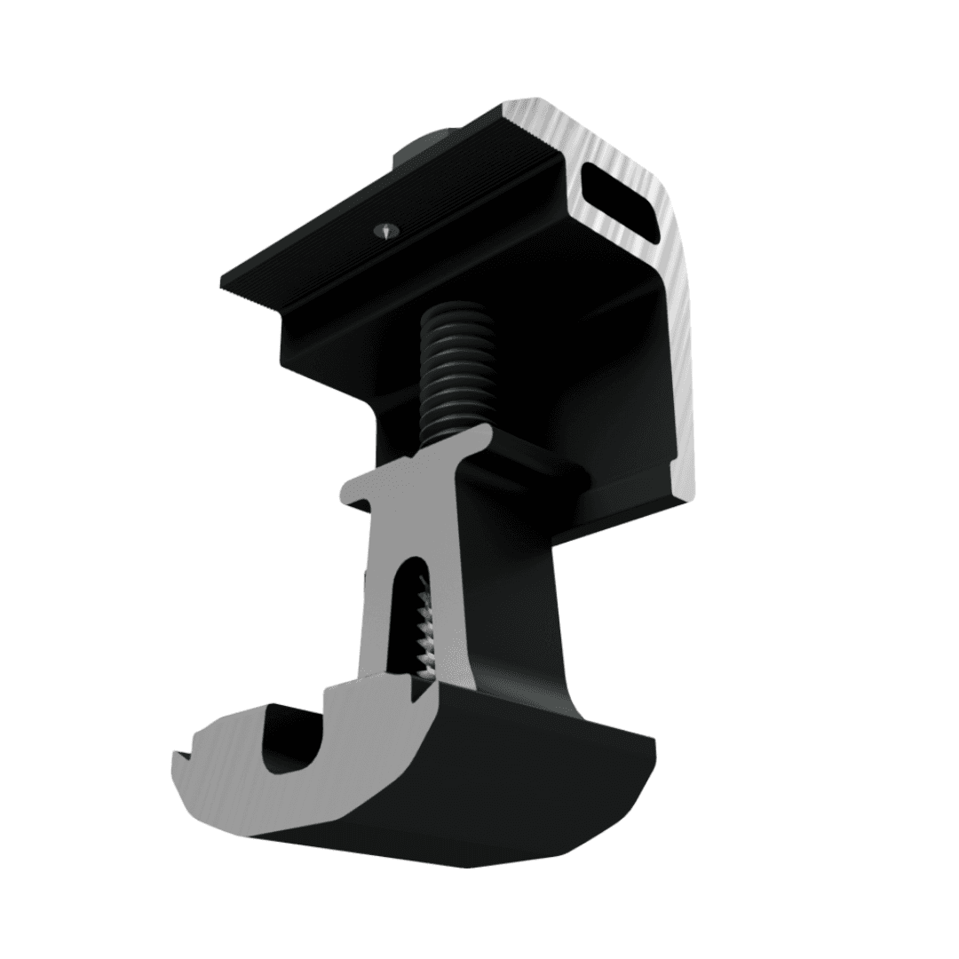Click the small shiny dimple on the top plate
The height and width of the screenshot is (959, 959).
[x=383, y=229]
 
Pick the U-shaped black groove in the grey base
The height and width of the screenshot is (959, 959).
[x=293, y=746]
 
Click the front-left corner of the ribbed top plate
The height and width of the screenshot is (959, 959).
[x=224, y=291]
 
